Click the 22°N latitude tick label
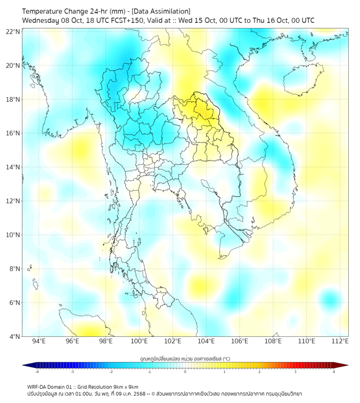pos(13,32)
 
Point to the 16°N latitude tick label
pos(13,133)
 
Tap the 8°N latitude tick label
pos(15,269)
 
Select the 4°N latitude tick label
pos(15,336)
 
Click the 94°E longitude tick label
pos(39,341)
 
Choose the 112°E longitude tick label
pos(340,341)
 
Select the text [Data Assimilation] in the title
pos(161,11)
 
